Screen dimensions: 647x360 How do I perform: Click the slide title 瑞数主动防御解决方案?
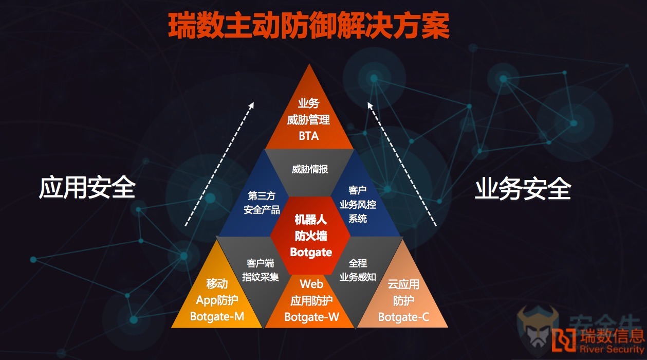[308, 26]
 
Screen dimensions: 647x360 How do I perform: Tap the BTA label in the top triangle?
[308, 136]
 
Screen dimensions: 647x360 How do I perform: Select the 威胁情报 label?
[310, 169]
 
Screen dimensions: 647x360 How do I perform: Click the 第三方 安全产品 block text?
[262, 203]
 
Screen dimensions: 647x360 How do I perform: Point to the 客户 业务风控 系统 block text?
[358, 205]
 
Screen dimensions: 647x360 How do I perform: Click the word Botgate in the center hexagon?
[311, 252]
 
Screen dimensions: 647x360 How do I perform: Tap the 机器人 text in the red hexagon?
[311, 220]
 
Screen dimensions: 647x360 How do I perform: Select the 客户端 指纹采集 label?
[260, 270]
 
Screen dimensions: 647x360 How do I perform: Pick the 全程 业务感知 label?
[358, 270]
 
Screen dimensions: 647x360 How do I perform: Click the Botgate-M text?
[217, 316]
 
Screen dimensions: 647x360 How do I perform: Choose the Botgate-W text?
[311, 317]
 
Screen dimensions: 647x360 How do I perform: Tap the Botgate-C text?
[403, 317]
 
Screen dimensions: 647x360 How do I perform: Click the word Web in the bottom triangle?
[311, 284]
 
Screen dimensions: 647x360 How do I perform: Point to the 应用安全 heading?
[87, 187]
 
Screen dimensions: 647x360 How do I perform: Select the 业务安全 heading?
[523, 189]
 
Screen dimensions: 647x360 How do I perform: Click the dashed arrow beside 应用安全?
[219, 164]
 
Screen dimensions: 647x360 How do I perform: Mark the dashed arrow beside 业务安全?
[402, 164]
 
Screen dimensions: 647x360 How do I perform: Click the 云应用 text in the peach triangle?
[403, 284]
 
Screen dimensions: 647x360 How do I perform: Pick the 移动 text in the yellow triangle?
[217, 284]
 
